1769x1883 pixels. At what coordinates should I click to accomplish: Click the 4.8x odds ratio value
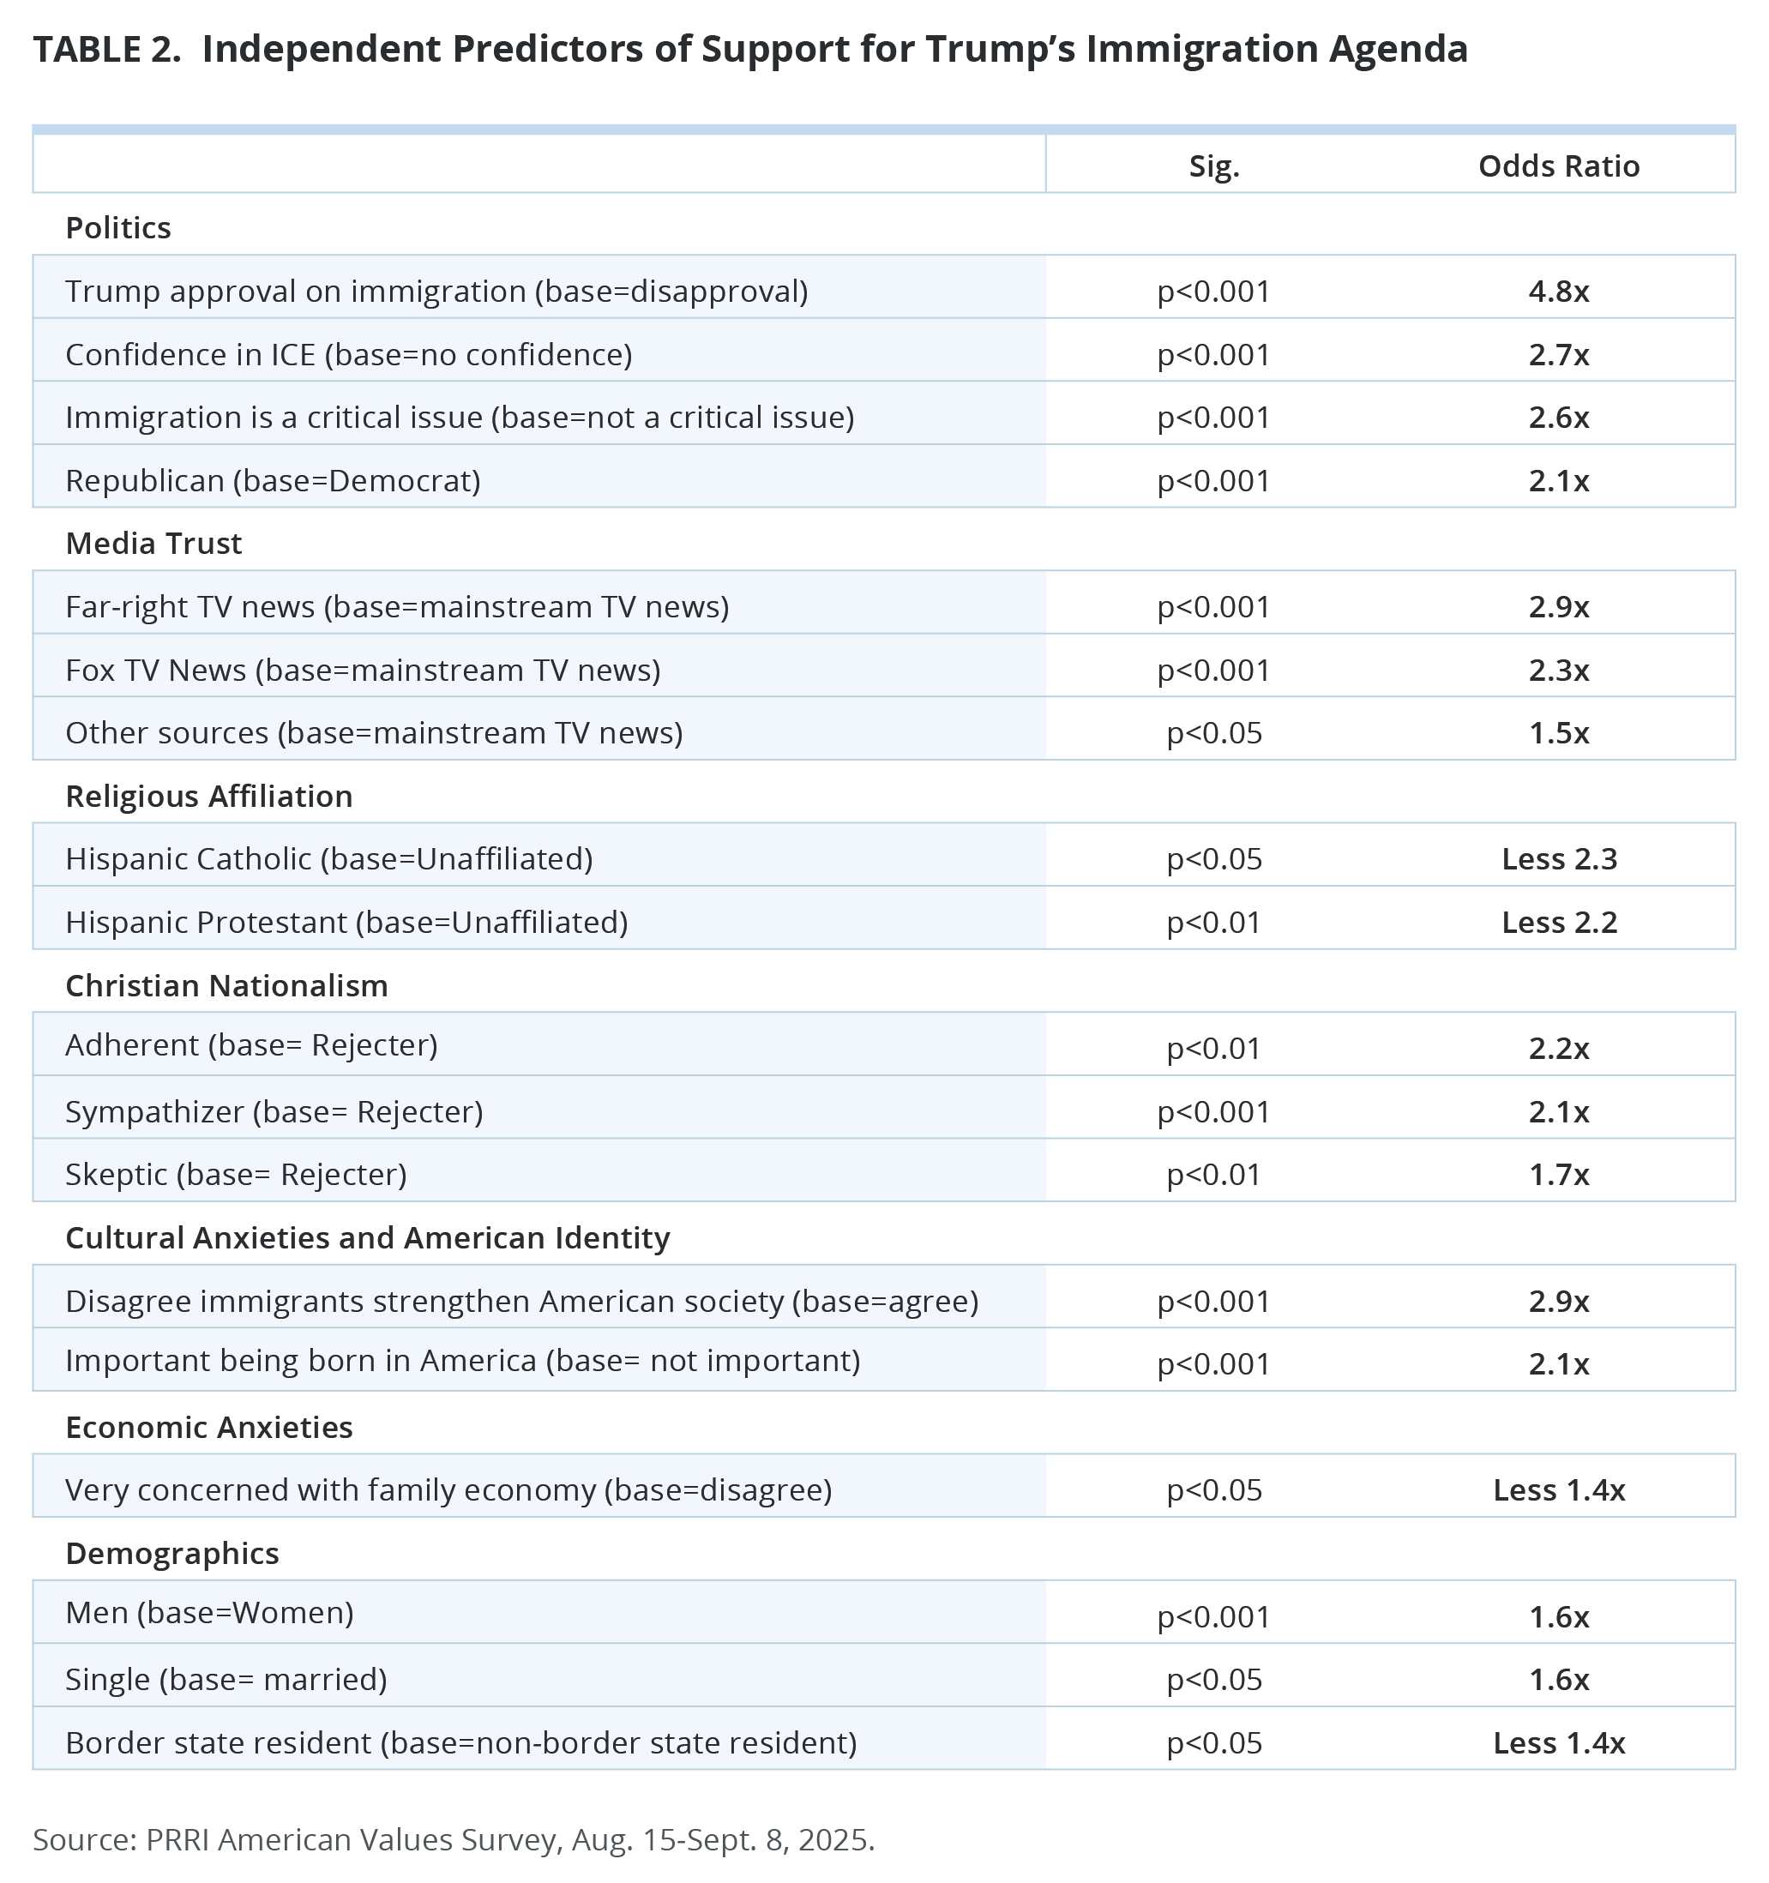pos(1558,291)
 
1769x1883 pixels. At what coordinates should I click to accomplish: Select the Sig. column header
pos(1213,165)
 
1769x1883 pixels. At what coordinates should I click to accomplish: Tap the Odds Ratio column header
pos(1558,165)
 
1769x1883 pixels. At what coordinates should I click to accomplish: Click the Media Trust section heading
pos(153,543)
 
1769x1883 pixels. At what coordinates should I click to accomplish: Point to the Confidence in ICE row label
pos(348,354)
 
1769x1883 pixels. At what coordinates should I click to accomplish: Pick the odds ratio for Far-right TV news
pos(1558,606)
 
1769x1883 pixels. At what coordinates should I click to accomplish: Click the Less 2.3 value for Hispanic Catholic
pos(1559,858)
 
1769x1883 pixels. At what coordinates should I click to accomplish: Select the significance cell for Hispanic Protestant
pos(1213,922)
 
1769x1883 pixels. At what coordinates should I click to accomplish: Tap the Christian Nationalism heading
pos(226,985)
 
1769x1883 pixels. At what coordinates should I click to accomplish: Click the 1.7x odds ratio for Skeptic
pos(1558,1175)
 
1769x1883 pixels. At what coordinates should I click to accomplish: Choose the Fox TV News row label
pos(363,670)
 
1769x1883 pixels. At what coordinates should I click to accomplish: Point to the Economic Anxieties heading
pos(208,1427)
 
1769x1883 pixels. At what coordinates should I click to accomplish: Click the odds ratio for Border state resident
pos(1559,1743)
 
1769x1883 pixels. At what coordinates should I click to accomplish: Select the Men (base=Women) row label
pos(209,1612)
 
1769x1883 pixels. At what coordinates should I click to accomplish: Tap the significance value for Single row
pos(1213,1680)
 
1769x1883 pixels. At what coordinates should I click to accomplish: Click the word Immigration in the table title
pos(1200,49)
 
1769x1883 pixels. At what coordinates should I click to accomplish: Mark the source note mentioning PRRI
pos(454,1839)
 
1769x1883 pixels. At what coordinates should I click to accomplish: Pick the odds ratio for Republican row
pos(1558,480)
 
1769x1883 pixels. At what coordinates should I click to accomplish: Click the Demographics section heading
pos(172,1554)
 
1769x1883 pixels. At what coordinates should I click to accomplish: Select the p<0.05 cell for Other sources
pos(1213,732)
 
